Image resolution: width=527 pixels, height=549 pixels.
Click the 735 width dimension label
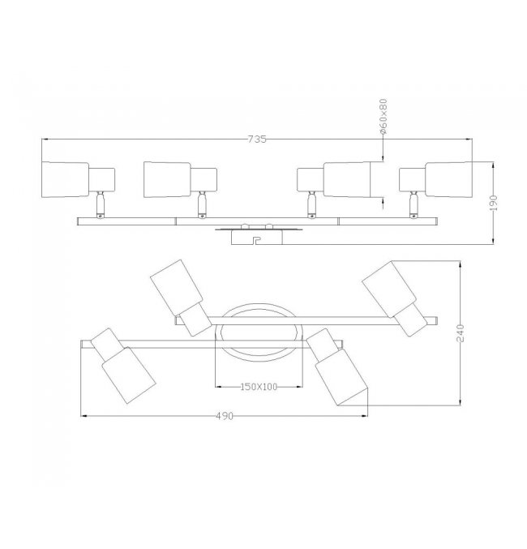pos(257,139)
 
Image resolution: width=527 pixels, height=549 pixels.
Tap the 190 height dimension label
pos(494,203)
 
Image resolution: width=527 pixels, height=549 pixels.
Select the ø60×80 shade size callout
pos(383,117)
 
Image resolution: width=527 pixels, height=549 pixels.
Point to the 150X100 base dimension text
pos(259,387)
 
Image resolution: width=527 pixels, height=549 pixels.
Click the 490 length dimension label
pos(224,416)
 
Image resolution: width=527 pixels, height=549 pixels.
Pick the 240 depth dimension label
pos(461,333)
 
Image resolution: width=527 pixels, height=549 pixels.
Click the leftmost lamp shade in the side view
pos(65,179)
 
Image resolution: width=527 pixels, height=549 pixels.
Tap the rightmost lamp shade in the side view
pos(449,179)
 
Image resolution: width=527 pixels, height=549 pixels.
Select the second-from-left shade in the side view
pos(167,179)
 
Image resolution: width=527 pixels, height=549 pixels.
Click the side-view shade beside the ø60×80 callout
pos(347,179)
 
